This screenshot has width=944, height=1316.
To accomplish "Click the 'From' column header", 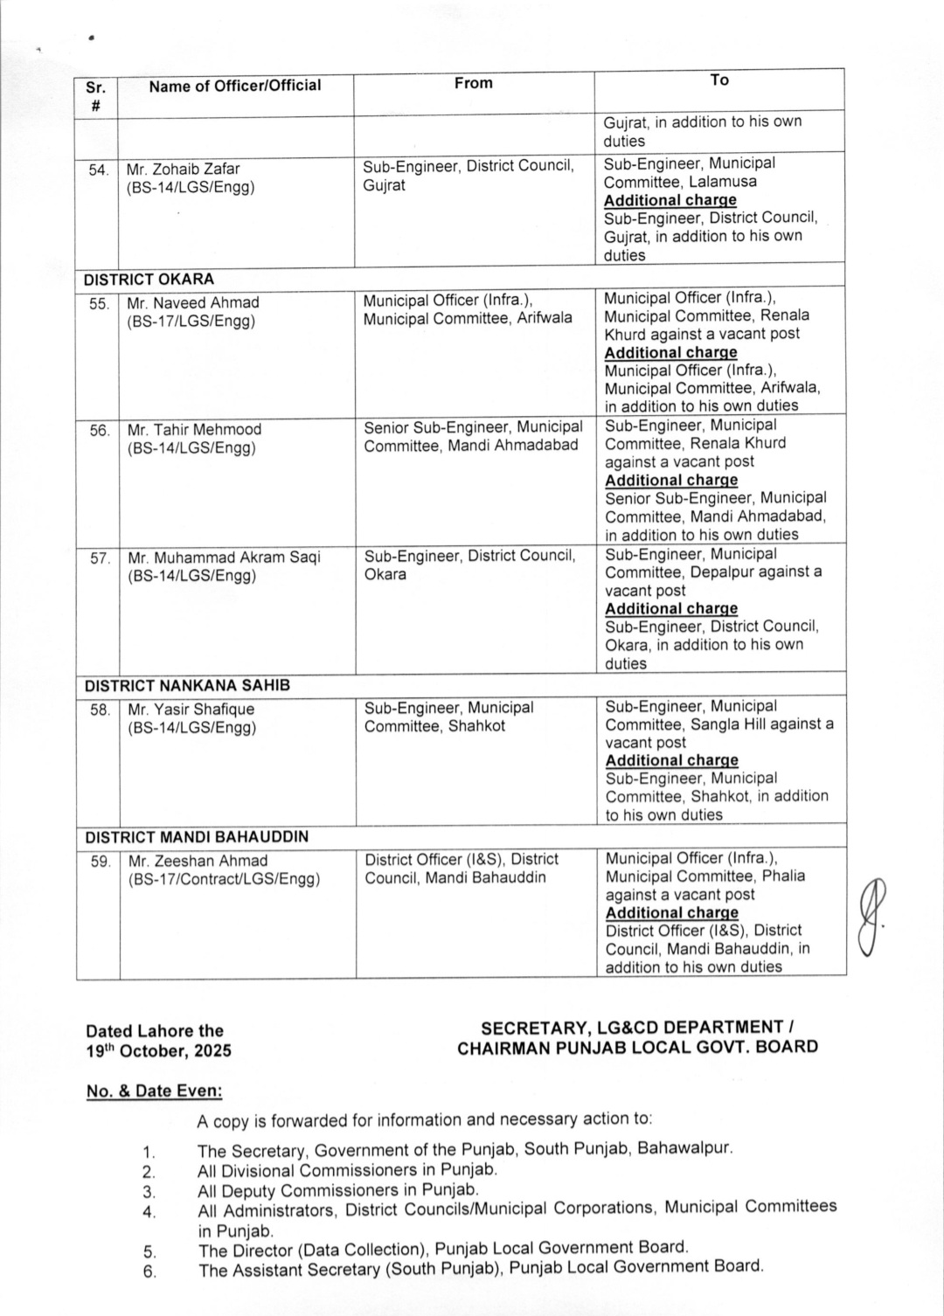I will click(473, 83).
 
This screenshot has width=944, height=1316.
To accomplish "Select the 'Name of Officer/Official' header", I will click(234, 86).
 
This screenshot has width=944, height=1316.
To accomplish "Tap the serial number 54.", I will click(98, 170).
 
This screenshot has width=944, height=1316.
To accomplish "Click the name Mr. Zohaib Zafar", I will click(183, 169).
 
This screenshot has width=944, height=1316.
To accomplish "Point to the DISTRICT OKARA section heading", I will click(149, 280).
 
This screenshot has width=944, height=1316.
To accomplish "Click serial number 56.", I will click(99, 430).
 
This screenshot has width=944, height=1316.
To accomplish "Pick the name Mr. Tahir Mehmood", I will click(194, 429).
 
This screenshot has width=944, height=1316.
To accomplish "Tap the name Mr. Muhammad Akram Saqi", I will click(224, 558).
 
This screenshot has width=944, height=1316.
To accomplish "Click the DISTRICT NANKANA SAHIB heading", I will click(187, 686).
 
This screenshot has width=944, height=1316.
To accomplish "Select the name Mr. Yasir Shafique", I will click(191, 709).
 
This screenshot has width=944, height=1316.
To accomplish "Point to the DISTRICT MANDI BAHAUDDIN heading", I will click(197, 836).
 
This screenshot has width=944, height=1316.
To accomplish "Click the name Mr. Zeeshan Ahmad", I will click(198, 861).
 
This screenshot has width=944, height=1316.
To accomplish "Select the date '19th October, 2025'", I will click(158, 1050).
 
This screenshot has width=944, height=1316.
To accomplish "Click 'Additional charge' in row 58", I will click(671, 760).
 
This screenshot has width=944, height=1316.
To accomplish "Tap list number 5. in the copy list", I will click(149, 1251).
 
